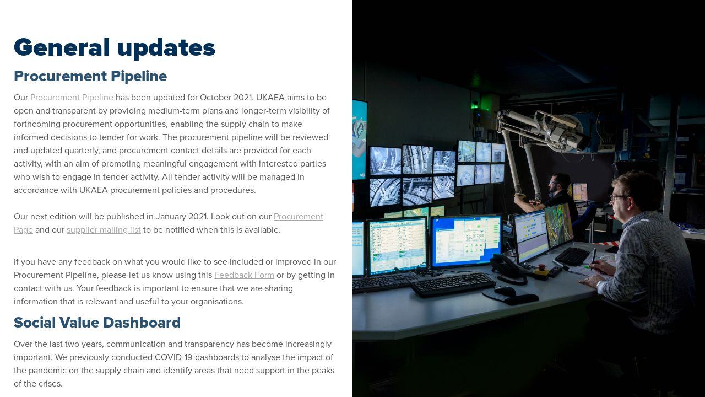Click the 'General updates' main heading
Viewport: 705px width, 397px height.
pyautogui.click(x=115, y=48)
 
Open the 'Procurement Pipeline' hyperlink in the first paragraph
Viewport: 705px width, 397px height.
pyautogui.click(x=72, y=98)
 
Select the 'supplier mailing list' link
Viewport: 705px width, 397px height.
pyautogui.click(x=104, y=230)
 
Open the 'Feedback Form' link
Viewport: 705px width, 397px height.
pyautogui.click(x=244, y=275)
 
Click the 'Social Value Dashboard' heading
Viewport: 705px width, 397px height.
pyautogui.click(x=97, y=323)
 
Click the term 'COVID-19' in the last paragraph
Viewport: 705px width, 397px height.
pyautogui.click(x=173, y=357)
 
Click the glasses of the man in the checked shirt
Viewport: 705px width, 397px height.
pyautogui.click(x=617, y=197)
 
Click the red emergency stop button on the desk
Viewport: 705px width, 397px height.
pyautogui.click(x=541, y=269)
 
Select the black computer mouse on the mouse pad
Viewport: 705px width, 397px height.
pyautogui.click(x=505, y=290)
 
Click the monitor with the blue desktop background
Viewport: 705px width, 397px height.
pyautogui.click(x=466, y=240)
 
